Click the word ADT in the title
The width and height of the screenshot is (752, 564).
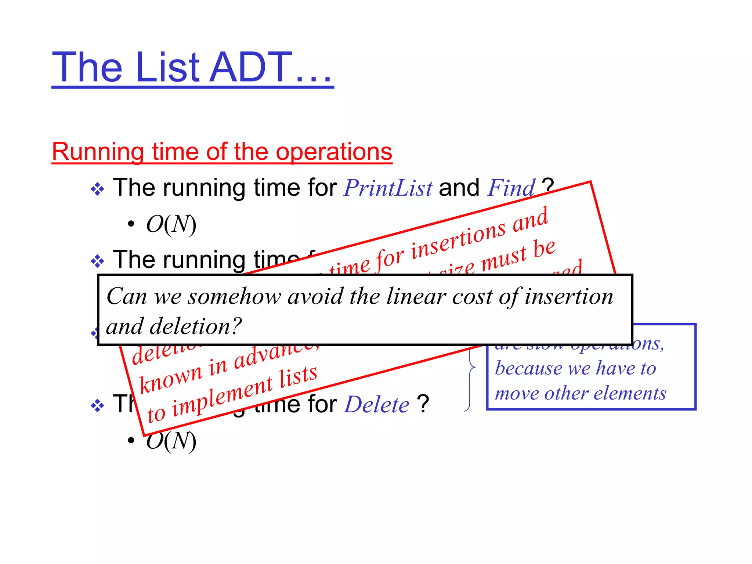click(x=251, y=67)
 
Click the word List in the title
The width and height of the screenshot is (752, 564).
click(x=167, y=67)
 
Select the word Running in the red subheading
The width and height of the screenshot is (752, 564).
click(x=98, y=152)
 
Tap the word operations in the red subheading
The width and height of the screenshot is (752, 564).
click(x=334, y=152)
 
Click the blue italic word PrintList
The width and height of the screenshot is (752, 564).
click(x=388, y=188)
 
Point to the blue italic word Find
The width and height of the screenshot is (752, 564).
click(x=511, y=188)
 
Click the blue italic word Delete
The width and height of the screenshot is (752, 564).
click(x=377, y=405)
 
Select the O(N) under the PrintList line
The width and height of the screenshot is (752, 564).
click(x=171, y=224)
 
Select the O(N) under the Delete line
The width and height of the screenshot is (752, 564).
click(x=171, y=441)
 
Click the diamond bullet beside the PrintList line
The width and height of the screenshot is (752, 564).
click(x=97, y=189)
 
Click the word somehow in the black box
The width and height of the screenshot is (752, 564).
click(x=234, y=296)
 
